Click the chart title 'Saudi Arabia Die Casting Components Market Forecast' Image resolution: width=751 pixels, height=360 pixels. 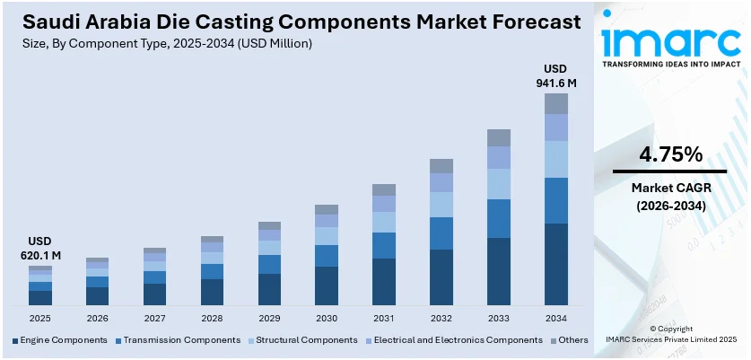(295, 21)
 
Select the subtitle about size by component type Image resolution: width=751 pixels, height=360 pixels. (169, 43)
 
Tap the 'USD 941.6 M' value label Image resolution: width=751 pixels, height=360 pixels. (556, 76)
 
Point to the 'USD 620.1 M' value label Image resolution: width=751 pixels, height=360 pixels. (39, 249)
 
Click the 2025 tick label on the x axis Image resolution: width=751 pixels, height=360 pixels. (39, 318)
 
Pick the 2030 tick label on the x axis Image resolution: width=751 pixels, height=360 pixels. (327, 318)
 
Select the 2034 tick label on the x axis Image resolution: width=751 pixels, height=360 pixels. (556, 318)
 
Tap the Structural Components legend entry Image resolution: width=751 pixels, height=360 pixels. (297, 340)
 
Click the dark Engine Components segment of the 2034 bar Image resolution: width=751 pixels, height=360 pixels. (556, 264)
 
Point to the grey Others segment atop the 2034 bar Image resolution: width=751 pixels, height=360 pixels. (556, 103)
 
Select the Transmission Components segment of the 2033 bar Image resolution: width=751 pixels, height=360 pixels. (499, 218)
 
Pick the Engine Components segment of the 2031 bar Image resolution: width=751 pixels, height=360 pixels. (384, 282)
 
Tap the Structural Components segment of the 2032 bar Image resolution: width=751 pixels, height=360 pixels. (441, 205)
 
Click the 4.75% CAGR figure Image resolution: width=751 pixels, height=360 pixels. (669, 154)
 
